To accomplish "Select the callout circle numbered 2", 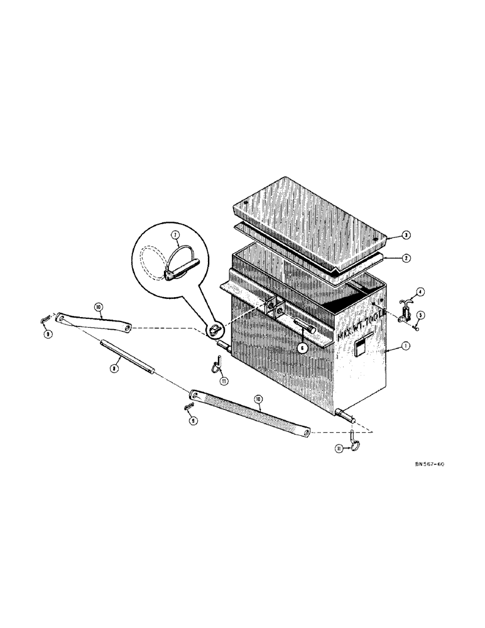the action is (x=389, y=257).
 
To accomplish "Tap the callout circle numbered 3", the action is (x=389, y=235).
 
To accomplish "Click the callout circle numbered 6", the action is (x=302, y=346).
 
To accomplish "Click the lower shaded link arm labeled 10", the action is (x=251, y=413).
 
